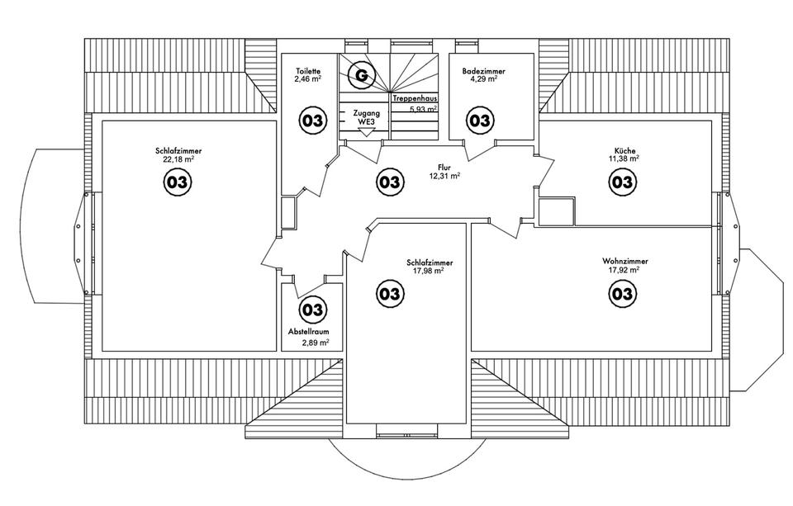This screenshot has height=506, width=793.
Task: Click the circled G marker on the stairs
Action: coord(362,75)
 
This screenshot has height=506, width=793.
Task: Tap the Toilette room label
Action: coord(308,72)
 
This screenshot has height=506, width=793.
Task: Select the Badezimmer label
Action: coord(483,72)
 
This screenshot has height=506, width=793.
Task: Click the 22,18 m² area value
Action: coord(178,159)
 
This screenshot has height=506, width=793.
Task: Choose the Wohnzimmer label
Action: coord(625,262)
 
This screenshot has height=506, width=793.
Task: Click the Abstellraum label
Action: coord(308,332)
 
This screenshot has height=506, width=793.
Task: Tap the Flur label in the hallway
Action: coord(444,168)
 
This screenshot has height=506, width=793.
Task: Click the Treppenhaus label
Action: coord(415,99)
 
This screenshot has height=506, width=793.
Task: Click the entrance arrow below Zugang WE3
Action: coord(364,132)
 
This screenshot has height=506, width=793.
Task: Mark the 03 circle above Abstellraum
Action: coord(313,310)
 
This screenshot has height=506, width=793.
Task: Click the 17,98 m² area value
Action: coord(429,271)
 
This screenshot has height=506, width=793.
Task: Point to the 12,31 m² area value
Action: coord(444,176)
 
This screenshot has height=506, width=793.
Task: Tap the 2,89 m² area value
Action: coord(316,343)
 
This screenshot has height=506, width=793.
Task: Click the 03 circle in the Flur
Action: coord(389,182)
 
